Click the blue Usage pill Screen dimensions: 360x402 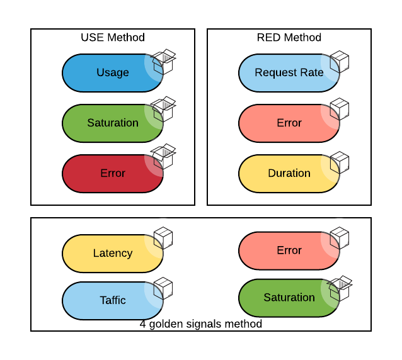pos(112,72)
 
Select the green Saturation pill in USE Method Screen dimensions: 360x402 pos(112,123)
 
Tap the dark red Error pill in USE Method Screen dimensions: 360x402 pos(112,173)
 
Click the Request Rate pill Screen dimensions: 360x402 pos(289,72)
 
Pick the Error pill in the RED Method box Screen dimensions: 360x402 pos(289,123)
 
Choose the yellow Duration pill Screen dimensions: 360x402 pos(289,173)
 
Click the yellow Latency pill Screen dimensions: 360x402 pos(112,253)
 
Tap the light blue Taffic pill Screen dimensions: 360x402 pos(112,300)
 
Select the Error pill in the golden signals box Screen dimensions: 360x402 pos(289,250)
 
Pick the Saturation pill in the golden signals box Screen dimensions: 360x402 pos(289,297)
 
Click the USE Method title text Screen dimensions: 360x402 pos(113,38)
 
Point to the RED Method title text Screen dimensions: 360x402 pos(289,38)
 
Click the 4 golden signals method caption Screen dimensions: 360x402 pos(201,324)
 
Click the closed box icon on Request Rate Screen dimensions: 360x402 pos(340,61)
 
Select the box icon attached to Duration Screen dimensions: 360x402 pos(340,162)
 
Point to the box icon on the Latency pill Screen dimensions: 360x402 pos(163,239)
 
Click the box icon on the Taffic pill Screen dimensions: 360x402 pos(163,288)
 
